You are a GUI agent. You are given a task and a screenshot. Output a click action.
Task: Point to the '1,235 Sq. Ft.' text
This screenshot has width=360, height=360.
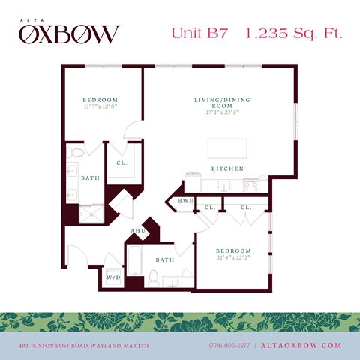click(x=289, y=33)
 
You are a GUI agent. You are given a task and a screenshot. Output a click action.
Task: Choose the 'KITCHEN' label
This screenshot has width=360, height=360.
click(x=227, y=169)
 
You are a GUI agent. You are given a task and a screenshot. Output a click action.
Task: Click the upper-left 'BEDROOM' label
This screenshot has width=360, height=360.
click(x=100, y=100)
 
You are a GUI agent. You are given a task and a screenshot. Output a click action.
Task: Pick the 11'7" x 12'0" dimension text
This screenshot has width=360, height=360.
click(x=100, y=108)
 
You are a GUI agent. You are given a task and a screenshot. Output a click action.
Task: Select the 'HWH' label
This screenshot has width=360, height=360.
click(x=185, y=201)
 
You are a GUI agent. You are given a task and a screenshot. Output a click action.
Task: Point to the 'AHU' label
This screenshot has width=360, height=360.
click(x=137, y=231)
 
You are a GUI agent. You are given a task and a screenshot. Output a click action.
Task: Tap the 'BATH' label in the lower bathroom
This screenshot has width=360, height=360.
click(x=165, y=260)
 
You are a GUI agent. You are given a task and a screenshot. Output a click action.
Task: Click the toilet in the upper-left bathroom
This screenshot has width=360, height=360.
click(x=75, y=154)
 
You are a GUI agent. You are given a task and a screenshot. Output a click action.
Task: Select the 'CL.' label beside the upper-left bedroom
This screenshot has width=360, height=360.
click(x=121, y=162)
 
